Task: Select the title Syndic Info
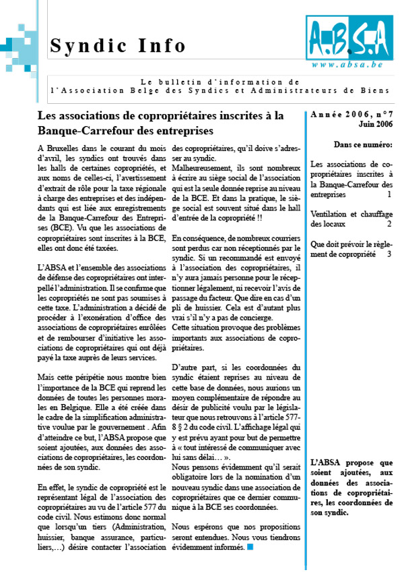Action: point(118,46)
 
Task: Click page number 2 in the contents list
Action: point(389,223)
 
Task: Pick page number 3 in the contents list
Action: point(389,254)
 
